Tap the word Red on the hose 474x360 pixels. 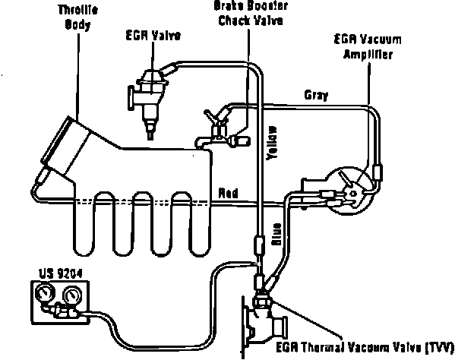(x=228, y=193)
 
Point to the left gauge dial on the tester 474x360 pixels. (x=43, y=294)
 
